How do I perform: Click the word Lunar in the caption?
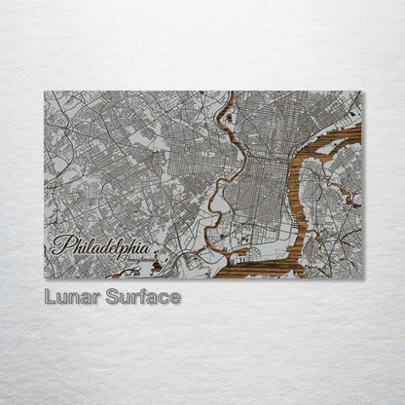(x=71, y=296)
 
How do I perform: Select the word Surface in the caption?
(x=141, y=296)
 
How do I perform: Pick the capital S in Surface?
(x=110, y=296)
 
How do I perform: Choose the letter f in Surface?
(x=142, y=296)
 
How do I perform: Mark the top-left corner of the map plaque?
(x=45, y=92)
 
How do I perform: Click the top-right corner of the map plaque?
(x=360, y=92)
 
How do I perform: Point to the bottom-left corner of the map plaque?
(x=45, y=278)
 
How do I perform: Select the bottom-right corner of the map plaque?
(x=360, y=278)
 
